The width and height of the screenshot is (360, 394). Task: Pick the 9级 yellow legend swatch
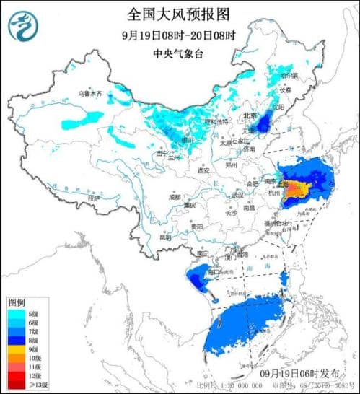17,348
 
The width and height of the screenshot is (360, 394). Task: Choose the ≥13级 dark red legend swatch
17,382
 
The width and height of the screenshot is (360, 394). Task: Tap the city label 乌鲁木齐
70,95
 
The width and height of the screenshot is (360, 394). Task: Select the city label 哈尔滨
287,75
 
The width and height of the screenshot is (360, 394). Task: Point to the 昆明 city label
167,237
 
